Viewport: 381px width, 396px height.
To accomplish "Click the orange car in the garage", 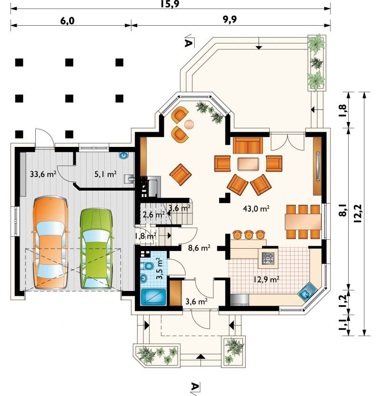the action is pyautogui.click(x=50, y=242).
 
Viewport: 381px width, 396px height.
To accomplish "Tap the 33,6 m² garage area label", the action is pyautogui.click(x=43, y=174).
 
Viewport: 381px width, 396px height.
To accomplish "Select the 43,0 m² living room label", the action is pyautogui.click(x=256, y=209).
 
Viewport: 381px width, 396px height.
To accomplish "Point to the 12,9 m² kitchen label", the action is pyautogui.click(x=266, y=280).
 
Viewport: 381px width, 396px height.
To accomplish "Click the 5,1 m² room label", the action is pyautogui.click(x=105, y=174).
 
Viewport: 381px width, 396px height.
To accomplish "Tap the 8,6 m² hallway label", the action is pyautogui.click(x=199, y=248).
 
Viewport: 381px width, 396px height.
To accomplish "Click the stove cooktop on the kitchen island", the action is pyautogui.click(x=268, y=258).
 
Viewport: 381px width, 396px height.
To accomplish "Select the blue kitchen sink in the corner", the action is pyautogui.click(x=306, y=293).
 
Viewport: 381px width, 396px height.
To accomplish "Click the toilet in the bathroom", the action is pyautogui.click(x=147, y=266).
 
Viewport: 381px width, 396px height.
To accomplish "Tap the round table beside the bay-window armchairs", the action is pyautogui.click(x=189, y=124).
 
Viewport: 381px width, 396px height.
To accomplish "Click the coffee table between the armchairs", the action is pyautogui.click(x=248, y=164).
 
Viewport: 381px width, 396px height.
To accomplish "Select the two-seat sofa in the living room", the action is pyautogui.click(x=248, y=145).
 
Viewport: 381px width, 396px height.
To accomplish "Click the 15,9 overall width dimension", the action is pyautogui.click(x=170, y=4).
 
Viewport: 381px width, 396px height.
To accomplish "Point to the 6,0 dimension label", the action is pyautogui.click(x=67, y=21).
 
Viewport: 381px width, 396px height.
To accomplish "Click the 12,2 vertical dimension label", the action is pyautogui.click(x=357, y=213).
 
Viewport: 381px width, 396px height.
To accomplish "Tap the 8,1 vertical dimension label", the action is pyautogui.click(x=342, y=210).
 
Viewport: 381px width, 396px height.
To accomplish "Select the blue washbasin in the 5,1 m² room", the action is pyautogui.click(x=124, y=155).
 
